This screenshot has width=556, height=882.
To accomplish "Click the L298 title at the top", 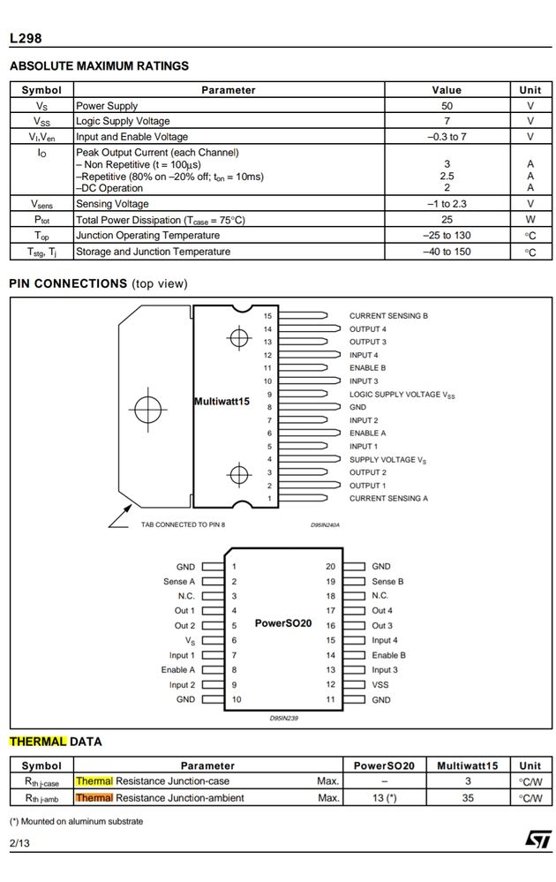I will pos(26,38).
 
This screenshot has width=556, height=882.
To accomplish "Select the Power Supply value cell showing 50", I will pos(447,106).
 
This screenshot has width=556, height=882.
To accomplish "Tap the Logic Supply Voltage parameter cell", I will pos(123,121).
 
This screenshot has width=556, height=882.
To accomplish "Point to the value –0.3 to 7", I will pos(447,137).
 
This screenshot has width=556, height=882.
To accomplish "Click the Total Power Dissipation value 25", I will pos(447,220).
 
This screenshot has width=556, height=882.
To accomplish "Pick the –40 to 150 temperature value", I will pos(447,252).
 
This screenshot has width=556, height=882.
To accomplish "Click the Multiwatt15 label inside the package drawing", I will pos(222,402).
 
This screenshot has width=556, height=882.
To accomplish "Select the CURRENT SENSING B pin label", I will pos(388,315).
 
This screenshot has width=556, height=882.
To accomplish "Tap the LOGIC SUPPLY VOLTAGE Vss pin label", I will pos(402,395).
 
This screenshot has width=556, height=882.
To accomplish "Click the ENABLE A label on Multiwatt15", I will pos(368,433).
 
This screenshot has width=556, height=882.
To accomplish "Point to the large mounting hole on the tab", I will pos(143,408).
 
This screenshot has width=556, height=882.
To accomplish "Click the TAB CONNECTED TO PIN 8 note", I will pos(183,524).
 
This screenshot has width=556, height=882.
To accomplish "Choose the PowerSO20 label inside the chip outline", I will pos(283,622).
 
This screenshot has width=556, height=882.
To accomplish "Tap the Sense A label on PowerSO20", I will pos(179,582).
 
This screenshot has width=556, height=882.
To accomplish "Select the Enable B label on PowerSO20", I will pos(388,655).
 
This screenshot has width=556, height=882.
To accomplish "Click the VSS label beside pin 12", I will pos(380,685).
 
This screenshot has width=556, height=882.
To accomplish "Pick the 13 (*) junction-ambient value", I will pos(384,798).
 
